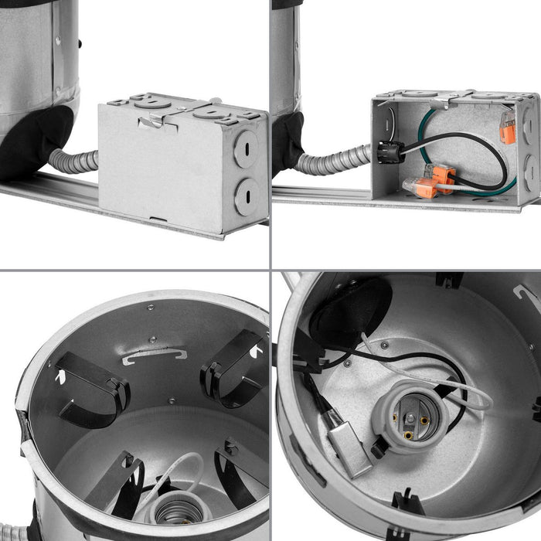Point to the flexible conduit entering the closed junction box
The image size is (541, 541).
point(73,161)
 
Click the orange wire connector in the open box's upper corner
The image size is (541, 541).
point(507,128)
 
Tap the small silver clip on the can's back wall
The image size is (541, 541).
point(154,356)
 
